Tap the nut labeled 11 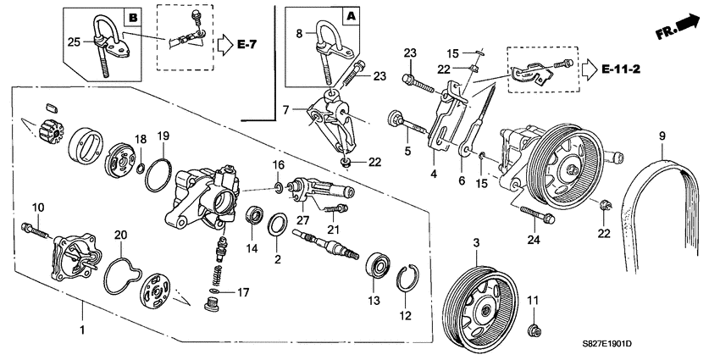pyautogui.click(x=534, y=328)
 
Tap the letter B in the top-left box pyautogui.click(x=132, y=17)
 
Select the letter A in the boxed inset pyautogui.click(x=349, y=15)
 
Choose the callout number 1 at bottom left pyautogui.click(x=81, y=328)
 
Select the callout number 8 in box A pyautogui.click(x=299, y=35)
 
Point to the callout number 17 pyautogui.click(x=243, y=293)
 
